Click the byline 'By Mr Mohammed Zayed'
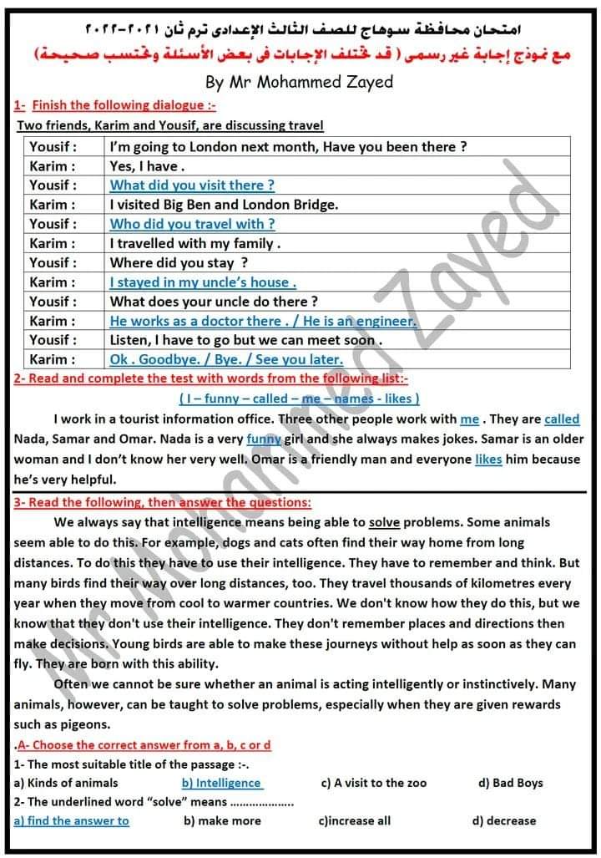pos(299,82)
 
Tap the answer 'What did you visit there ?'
pos(192,185)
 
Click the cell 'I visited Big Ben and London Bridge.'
pos(224,205)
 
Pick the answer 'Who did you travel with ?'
pos(192,224)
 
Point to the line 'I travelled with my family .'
pos(195,244)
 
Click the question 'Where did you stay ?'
pos(179,263)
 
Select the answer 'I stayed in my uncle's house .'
pos(203,282)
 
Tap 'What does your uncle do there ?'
pos(214,302)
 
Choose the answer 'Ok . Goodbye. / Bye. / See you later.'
pos(226,360)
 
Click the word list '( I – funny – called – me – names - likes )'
pos(300,399)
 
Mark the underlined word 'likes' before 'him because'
pos(488,459)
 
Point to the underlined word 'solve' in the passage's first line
pos(384,522)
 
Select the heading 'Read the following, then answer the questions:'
pos(163,503)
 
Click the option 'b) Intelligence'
pos(221,784)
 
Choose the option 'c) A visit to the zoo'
pos(373,784)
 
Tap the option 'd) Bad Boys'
pos(510,784)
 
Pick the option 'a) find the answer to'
pos(72,821)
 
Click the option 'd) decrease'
pos(503,821)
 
